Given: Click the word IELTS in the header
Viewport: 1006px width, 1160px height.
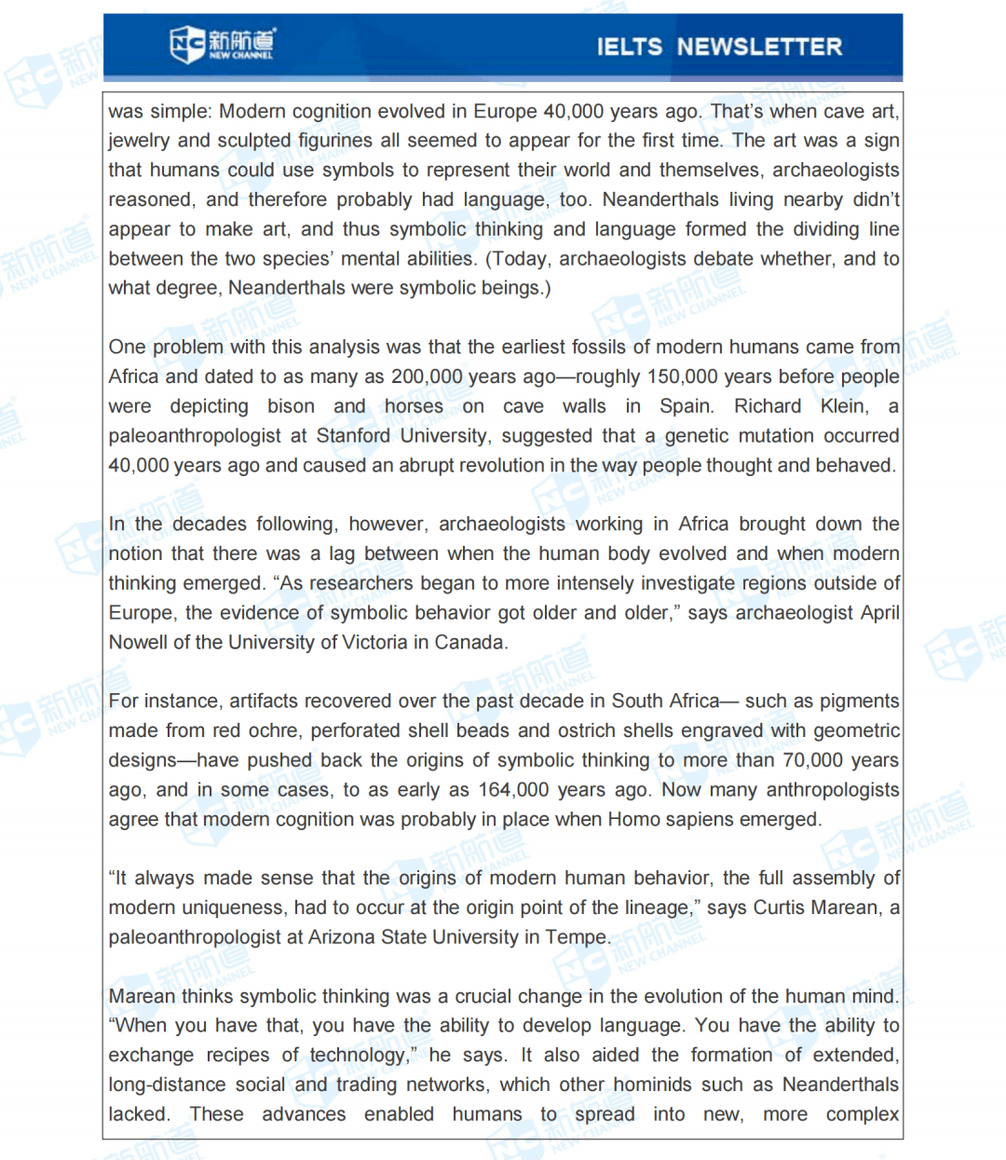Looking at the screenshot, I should [x=629, y=47].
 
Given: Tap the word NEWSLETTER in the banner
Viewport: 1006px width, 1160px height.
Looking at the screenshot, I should [x=759, y=47].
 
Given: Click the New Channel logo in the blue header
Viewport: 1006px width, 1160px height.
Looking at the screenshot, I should [x=223, y=44].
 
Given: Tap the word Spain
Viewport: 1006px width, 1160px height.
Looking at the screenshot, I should [x=686, y=406].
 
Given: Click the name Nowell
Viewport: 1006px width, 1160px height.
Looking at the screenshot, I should [x=139, y=642].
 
